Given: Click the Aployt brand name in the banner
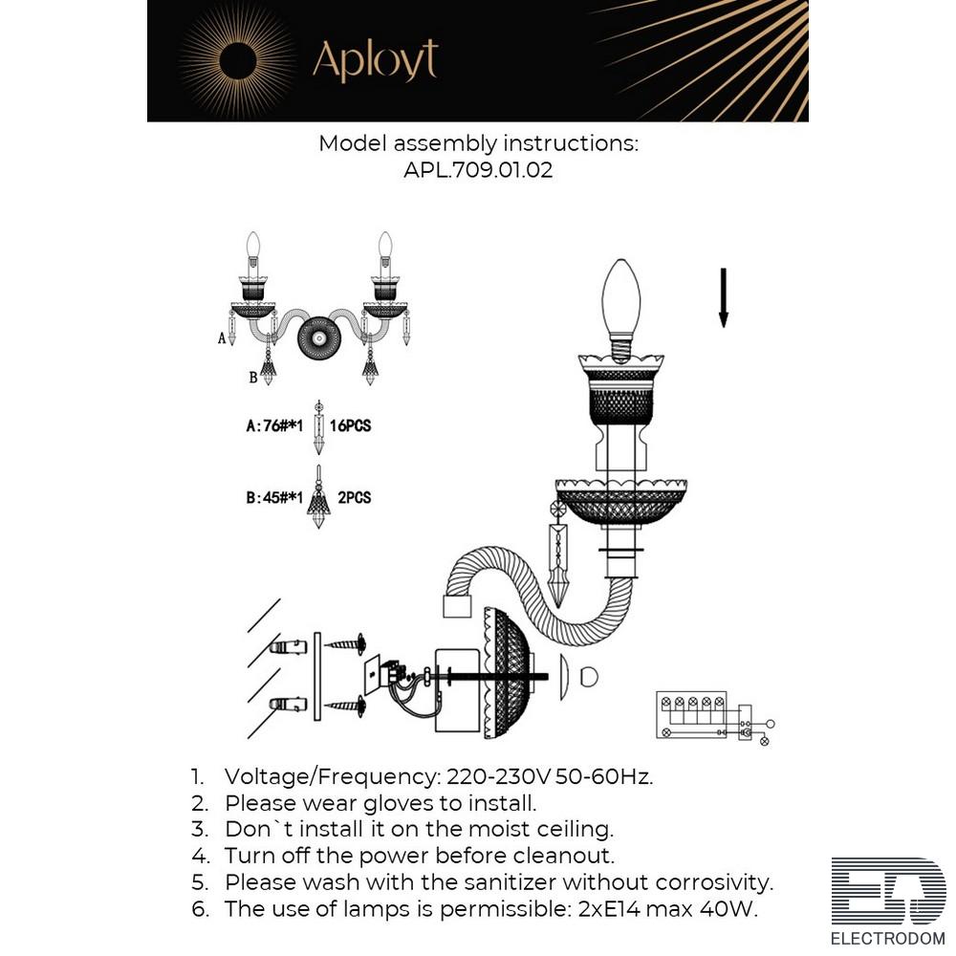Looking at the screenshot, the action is click(375, 60).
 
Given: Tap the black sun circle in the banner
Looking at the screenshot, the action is click(238, 61).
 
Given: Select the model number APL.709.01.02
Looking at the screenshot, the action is click(478, 169).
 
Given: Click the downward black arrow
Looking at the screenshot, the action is click(724, 297).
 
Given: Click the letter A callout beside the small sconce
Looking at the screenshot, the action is click(222, 337).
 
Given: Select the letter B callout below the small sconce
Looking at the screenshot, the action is click(253, 378).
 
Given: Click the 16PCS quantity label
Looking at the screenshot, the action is click(351, 425).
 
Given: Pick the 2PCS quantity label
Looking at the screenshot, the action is click(355, 497).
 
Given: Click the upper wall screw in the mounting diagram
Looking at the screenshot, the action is click(345, 644).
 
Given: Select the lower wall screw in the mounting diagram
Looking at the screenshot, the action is click(345, 706).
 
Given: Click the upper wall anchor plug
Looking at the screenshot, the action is click(288, 647).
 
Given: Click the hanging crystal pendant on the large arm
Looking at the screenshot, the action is click(559, 554).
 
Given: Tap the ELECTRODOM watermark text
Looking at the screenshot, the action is click(888, 939).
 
